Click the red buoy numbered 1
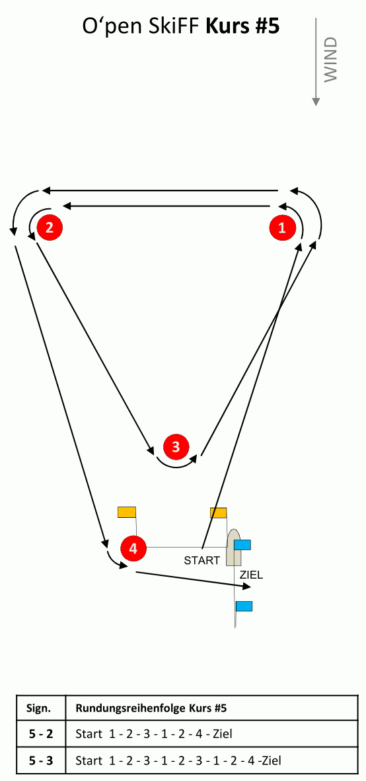pos(283,228)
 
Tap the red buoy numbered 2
pos(50,228)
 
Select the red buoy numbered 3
pos(176,446)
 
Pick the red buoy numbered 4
pos(133,548)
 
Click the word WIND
pos(331,59)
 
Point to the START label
pos(202,560)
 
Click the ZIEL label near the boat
pos(251,575)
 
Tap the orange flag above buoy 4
pos(127,512)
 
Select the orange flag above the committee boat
pos(218,513)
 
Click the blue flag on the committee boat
pos(242,544)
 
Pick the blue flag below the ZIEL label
pos(244,606)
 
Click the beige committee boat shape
pos(234,548)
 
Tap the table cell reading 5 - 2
pos(41,733)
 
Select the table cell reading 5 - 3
pos(41,760)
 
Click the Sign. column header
pos(41,708)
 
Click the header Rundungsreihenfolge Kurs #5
pos(151,708)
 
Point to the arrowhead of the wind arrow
pos(316,102)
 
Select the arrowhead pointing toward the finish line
pos(248,589)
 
